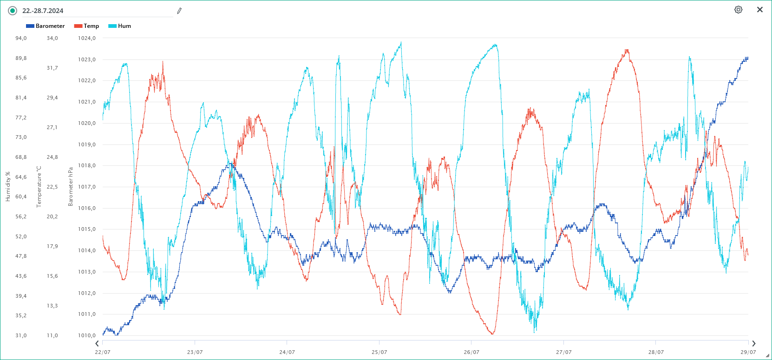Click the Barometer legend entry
[46, 26]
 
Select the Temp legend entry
[87, 26]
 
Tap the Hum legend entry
[120, 26]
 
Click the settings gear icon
[738, 10]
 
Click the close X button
[760, 10]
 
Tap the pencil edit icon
[179, 11]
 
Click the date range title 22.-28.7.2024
[43, 11]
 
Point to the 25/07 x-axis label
[379, 352]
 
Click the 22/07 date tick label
[103, 352]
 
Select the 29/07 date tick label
[748, 352]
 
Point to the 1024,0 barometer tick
[87, 38]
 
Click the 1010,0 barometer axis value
[87, 335]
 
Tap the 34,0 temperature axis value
[52, 38]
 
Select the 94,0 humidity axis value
[21, 38]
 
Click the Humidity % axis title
[7, 186]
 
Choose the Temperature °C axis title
[39, 186]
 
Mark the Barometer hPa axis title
[71, 186]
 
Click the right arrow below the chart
[753, 344]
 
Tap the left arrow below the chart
[97, 344]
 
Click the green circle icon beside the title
[13, 11]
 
